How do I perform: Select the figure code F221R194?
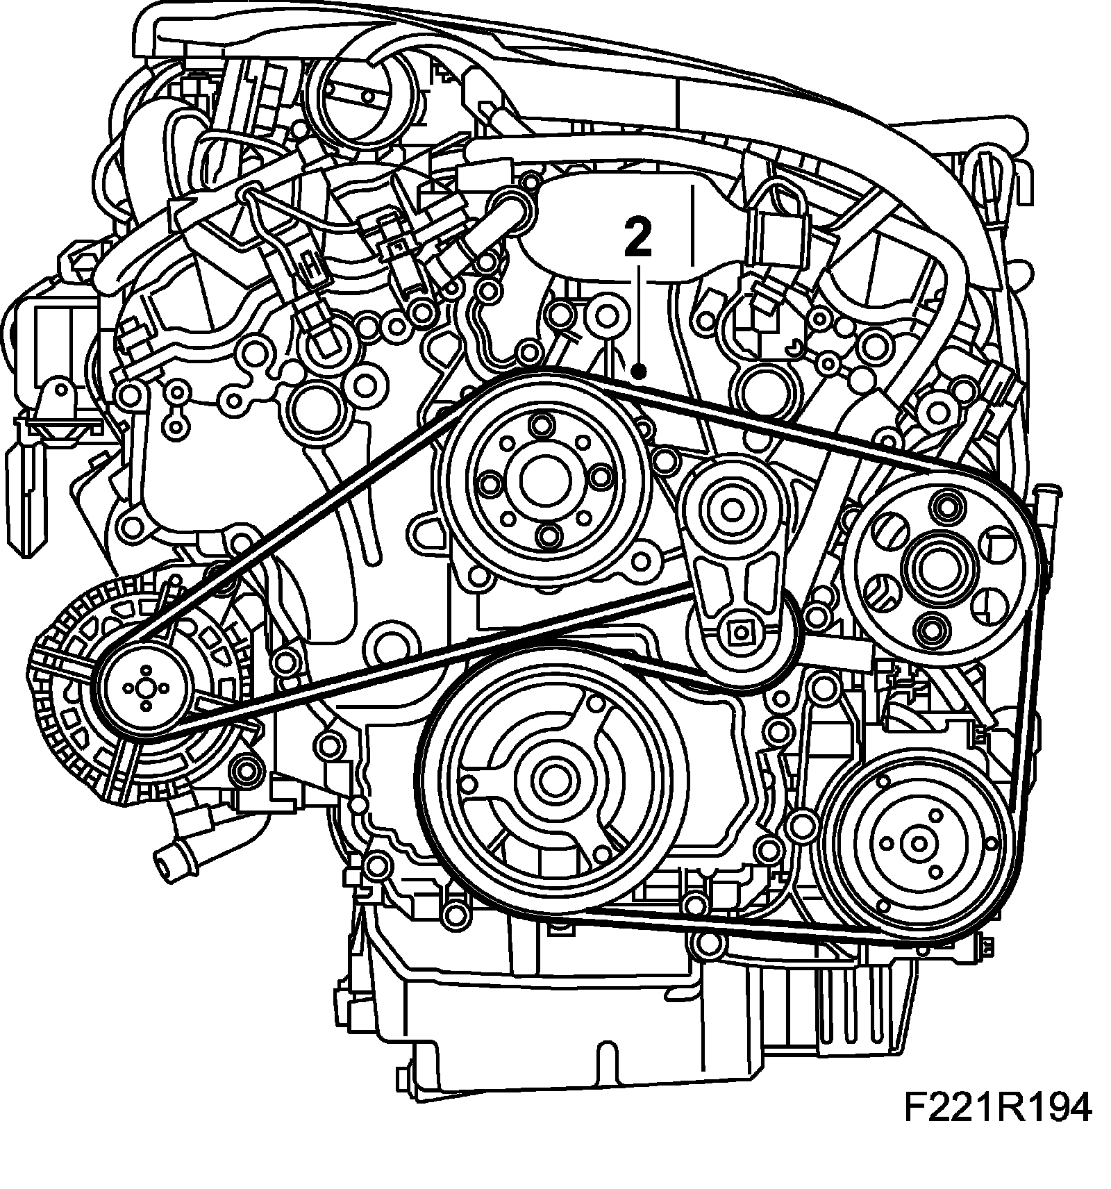click(997, 1109)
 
